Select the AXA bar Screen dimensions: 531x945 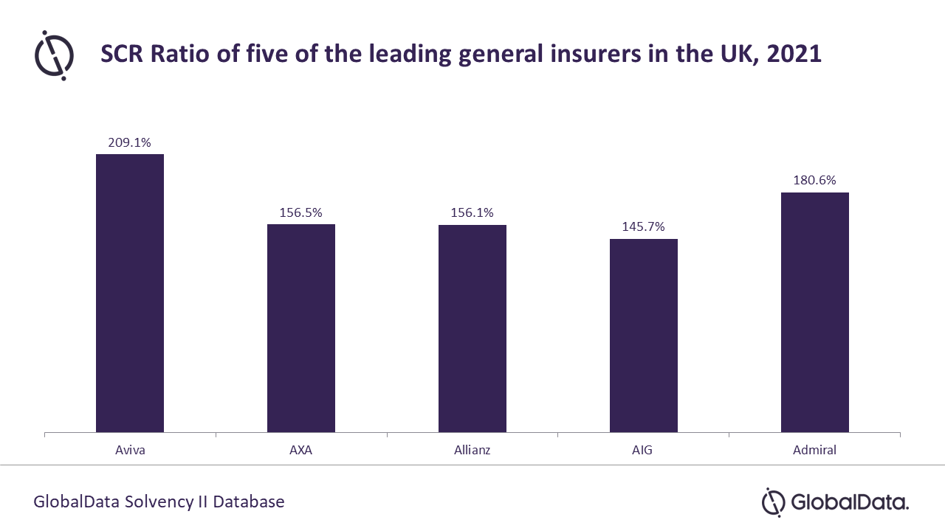point(301,328)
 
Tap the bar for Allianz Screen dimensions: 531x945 point(472,328)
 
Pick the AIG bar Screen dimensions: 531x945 point(644,336)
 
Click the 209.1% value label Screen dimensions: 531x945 point(130,143)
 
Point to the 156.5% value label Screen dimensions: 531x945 point(301,212)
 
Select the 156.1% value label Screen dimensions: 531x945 point(472,212)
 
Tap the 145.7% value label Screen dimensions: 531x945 point(644,227)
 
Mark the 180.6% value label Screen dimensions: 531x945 point(815,181)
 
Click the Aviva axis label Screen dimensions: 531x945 point(130,450)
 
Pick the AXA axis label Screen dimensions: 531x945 point(301,450)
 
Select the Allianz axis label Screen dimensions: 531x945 point(472,450)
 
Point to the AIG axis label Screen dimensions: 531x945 point(644,450)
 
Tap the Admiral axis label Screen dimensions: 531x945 point(815,450)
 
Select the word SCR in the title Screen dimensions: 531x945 point(124,55)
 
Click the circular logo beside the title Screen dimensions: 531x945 point(54,55)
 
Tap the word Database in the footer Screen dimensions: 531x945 point(248,502)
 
